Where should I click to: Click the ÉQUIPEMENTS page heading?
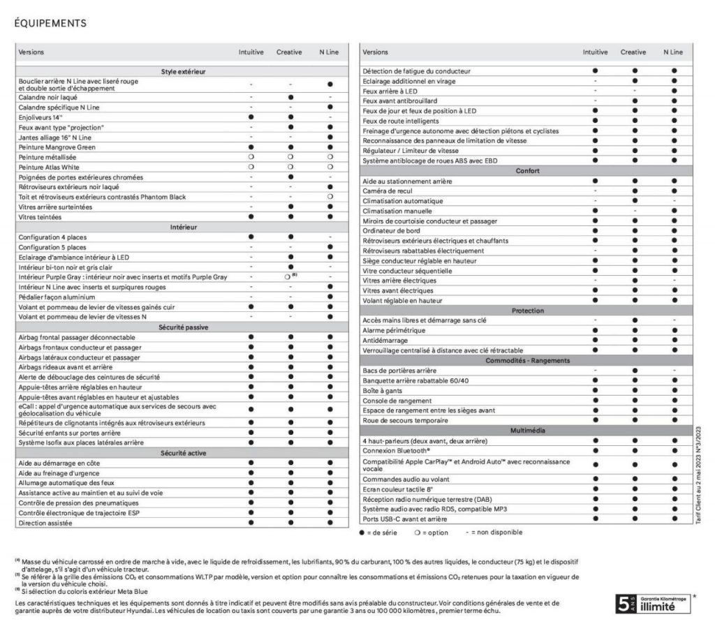click(x=50, y=22)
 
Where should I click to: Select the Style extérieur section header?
click(x=183, y=72)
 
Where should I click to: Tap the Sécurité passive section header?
click(x=183, y=327)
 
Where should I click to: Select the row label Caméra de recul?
click(x=386, y=191)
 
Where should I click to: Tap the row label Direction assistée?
click(x=46, y=522)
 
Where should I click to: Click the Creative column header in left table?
click(x=289, y=52)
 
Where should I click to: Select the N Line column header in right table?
click(x=674, y=52)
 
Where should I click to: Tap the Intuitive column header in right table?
click(x=596, y=52)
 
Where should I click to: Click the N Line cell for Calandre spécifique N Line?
click(x=330, y=107)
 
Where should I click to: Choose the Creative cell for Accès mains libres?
click(x=634, y=320)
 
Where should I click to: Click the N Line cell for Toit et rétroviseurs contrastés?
click(x=330, y=197)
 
